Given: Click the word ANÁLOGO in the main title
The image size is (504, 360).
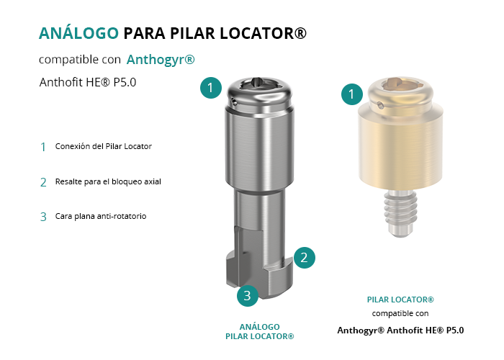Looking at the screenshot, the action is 78,33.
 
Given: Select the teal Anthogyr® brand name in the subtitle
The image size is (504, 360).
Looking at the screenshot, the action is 161,60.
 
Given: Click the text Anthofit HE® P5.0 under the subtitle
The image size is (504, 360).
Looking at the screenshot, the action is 88,82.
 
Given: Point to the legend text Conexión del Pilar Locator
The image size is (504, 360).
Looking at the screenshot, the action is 104,146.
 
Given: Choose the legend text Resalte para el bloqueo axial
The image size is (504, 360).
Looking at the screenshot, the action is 108,181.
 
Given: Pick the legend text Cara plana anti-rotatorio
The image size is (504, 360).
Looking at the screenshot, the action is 101,216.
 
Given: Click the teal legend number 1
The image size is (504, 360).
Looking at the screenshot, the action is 43,147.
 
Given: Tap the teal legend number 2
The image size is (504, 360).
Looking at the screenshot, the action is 43,182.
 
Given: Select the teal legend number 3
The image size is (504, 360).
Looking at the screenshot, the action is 43,217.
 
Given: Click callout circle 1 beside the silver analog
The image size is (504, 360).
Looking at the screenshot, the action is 211,88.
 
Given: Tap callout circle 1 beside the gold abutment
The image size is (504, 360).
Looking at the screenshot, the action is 352,94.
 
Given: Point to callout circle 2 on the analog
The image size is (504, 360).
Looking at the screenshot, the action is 304,258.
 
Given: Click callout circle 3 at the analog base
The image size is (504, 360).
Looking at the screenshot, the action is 248,296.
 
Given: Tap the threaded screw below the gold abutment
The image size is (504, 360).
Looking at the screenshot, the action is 400,212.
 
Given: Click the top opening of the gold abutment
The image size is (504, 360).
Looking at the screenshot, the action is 400,84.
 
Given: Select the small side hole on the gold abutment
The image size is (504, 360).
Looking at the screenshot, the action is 380,105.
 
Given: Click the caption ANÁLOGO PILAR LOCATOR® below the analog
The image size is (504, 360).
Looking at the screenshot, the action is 260,332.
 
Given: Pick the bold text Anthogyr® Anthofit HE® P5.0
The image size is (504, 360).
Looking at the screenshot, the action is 400,330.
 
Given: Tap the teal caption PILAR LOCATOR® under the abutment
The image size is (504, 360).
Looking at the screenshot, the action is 400,300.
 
